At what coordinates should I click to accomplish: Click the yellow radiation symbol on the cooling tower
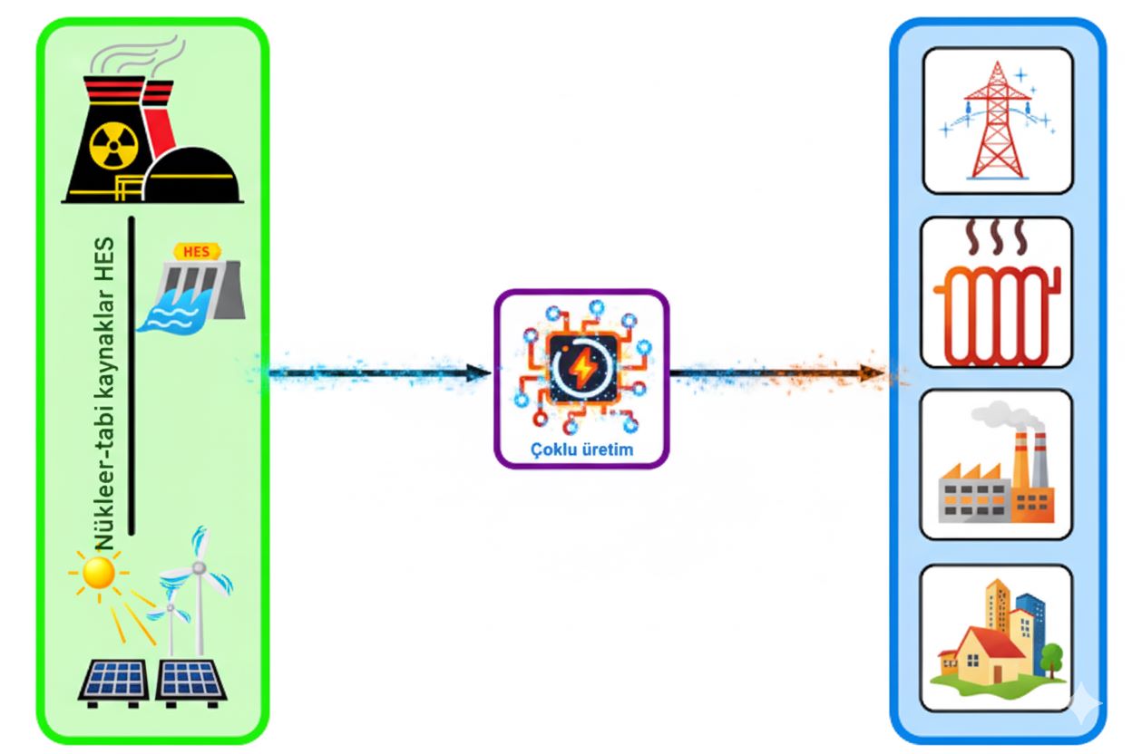[x=112, y=144]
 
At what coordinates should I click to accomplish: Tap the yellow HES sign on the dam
[x=195, y=252]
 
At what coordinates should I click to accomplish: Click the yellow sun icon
[x=97, y=573]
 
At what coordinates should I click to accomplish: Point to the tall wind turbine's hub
[x=199, y=568]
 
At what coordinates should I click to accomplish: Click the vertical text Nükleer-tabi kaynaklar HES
[x=106, y=394]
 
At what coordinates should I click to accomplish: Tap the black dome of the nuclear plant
[x=191, y=178]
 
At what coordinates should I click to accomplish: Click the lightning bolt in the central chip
[x=581, y=366]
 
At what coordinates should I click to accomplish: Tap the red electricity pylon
[x=997, y=122]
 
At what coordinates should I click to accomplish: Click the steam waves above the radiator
[x=996, y=238]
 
